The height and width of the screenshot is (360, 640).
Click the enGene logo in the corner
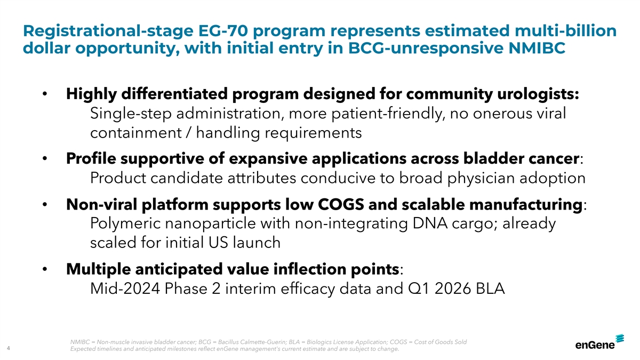599,342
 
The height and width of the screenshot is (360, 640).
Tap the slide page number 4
9,348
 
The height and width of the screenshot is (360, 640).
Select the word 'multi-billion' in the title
566,31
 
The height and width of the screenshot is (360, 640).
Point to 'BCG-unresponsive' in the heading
426,48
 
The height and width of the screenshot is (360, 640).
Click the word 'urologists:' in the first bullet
538,94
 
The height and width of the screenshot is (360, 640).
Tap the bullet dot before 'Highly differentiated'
45,94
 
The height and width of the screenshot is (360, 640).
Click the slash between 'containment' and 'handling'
189,133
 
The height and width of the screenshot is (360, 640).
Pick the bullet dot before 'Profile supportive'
45,158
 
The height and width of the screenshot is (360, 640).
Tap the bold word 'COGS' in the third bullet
341,205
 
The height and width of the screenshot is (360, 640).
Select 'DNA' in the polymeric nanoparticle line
430,223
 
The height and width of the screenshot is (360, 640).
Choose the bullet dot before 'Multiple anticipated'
45,269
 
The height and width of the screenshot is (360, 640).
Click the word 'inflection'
310,269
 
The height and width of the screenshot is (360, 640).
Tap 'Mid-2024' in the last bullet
125,289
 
